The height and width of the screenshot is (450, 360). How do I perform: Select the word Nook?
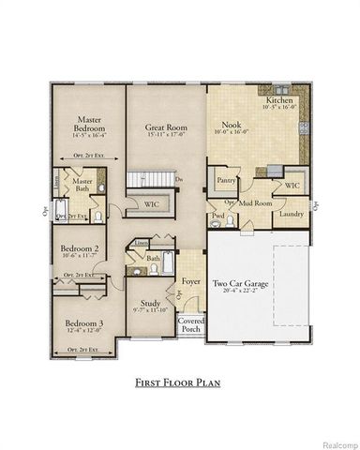[x=231, y=124]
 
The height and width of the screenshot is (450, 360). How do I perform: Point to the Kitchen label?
[x=278, y=99]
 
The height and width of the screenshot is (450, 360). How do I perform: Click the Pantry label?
[x=225, y=178]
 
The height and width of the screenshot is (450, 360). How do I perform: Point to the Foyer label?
[x=192, y=279]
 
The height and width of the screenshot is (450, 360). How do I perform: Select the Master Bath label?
[x=82, y=184]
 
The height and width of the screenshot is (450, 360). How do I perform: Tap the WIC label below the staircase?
[x=151, y=202]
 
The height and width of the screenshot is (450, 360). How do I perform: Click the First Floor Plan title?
[x=180, y=382]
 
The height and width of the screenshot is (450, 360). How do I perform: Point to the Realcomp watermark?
[x=335, y=442]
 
